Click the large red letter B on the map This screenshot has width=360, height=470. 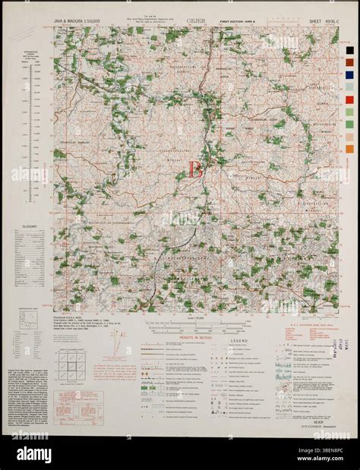tap(195, 169)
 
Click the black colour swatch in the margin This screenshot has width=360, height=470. tap(349, 50)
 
